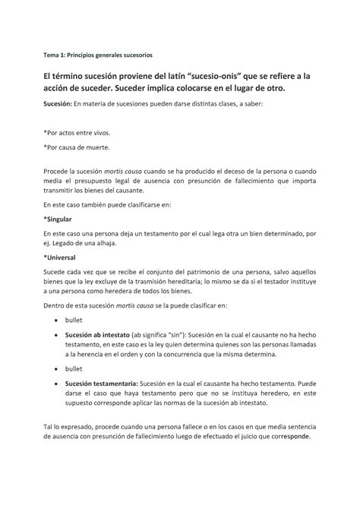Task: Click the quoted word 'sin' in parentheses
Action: (x=201, y=334)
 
